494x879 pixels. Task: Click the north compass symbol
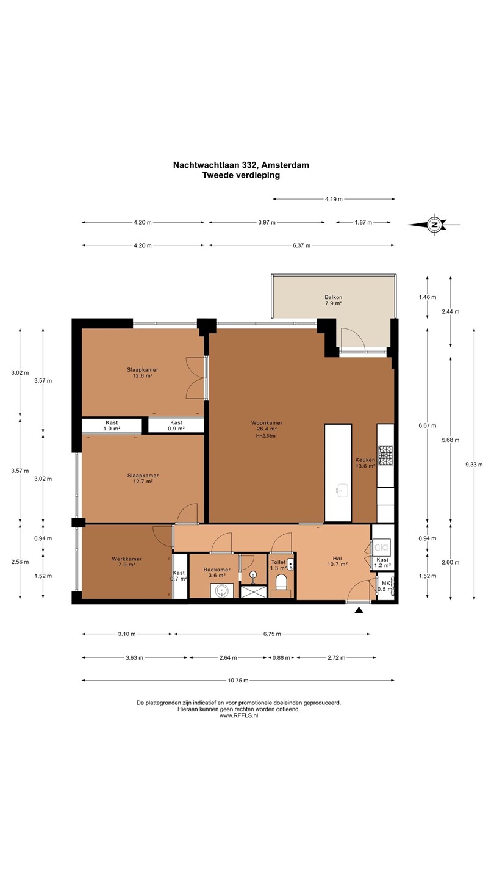click(x=434, y=225)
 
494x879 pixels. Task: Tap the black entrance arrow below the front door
click(x=359, y=610)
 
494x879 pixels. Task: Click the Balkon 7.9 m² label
click(x=333, y=300)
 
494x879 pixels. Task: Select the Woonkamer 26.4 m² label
click(x=267, y=426)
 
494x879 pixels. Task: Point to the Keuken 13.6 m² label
click(x=365, y=463)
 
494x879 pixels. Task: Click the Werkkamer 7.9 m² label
click(x=127, y=562)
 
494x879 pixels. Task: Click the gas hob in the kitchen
click(x=386, y=455)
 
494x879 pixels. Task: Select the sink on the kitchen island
click(x=342, y=490)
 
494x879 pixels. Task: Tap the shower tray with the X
click(x=253, y=591)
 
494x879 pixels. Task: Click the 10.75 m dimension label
click(x=238, y=681)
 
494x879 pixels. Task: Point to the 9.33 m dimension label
click(x=474, y=464)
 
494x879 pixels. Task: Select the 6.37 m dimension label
click(x=301, y=245)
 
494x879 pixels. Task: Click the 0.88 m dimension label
click(x=281, y=657)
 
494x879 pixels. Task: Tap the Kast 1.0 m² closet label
click(x=112, y=426)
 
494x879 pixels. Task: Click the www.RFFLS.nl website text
click(x=238, y=715)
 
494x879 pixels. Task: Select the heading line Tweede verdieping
click(x=241, y=175)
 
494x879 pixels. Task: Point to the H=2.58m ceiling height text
click(x=266, y=436)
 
